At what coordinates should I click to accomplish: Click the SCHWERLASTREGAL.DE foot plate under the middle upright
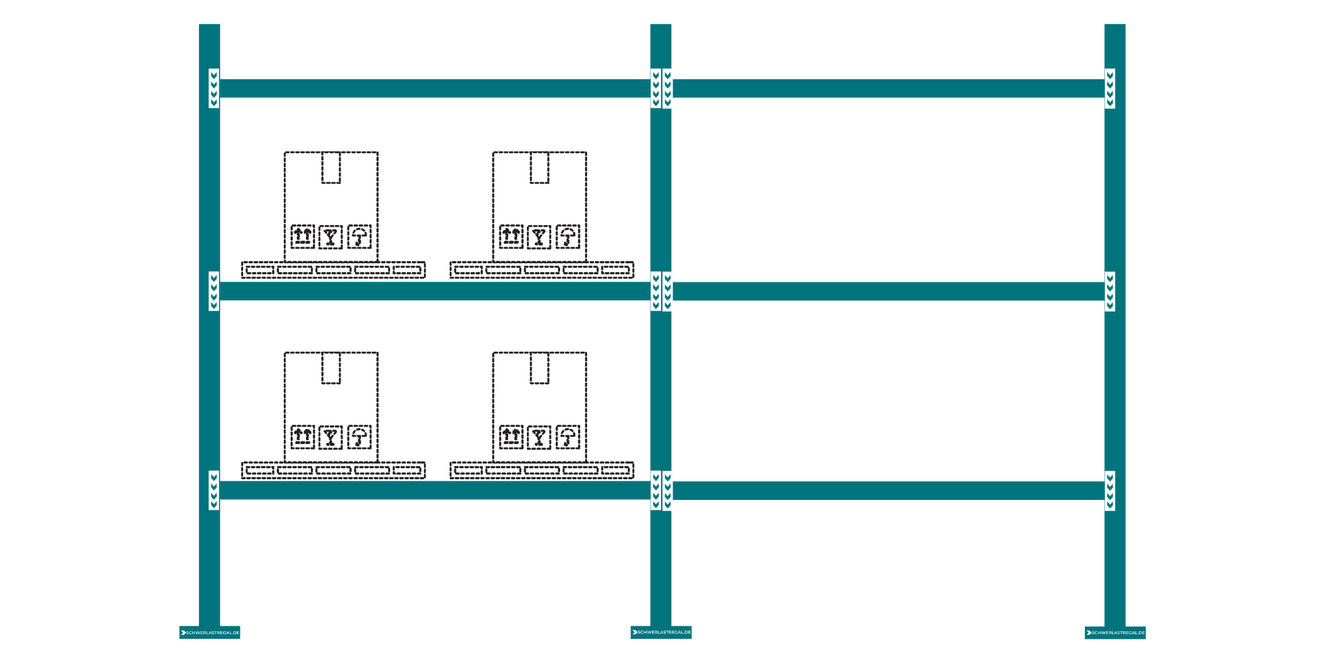coord(661,632)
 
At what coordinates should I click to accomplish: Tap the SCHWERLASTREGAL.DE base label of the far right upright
coord(1115,633)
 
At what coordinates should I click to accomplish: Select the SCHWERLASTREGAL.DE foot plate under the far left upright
coord(209,632)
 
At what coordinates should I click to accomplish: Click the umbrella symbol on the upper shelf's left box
coord(359,236)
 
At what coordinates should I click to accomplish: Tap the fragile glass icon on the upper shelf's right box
coord(539,237)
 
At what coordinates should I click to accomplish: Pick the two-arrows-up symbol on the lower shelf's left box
coord(302,436)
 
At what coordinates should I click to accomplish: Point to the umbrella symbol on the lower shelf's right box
coord(568,436)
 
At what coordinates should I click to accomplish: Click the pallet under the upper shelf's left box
coord(333,269)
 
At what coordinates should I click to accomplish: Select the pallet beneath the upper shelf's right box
coord(541,269)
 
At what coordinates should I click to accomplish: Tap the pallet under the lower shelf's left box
coord(333,470)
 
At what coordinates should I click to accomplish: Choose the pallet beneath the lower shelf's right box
coord(541,470)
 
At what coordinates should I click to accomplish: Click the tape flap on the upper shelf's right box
coord(539,168)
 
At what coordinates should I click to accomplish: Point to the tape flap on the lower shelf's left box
coord(331,368)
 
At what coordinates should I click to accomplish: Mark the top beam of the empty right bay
coord(887,88)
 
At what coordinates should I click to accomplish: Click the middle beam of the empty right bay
coord(887,291)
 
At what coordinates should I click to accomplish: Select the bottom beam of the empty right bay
coord(887,490)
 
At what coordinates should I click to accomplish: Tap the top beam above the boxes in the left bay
coord(435,88)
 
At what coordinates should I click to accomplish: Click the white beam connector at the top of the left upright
coord(214,88)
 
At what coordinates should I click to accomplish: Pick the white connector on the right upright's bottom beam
coord(1110,490)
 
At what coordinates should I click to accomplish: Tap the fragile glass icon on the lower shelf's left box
coord(331,436)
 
